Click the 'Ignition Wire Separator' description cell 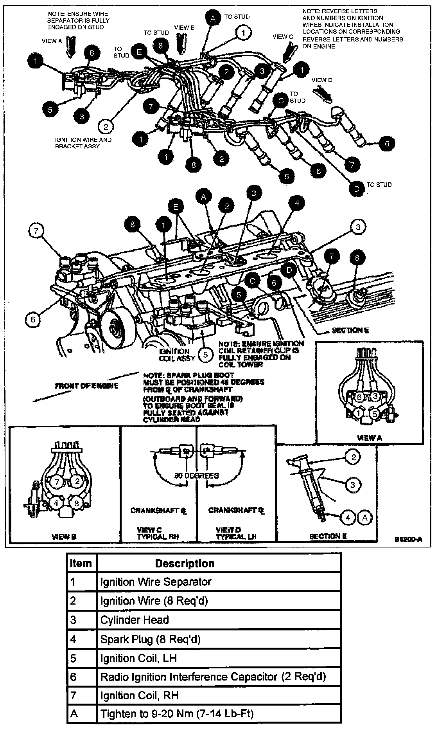coord(156,582)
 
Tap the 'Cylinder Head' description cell coord(135,620)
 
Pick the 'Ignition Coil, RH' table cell coord(139,695)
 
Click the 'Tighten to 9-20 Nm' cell coord(177,714)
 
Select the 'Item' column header coord(81,563)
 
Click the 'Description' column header coord(185,563)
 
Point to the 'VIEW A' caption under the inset coord(369,438)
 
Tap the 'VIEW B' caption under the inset coord(64,537)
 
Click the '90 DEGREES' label coord(196,475)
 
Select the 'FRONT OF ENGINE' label coord(86,386)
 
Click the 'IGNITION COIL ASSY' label coord(174,355)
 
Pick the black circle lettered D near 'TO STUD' coord(356,189)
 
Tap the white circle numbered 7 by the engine coord(36,230)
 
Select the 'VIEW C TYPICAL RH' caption coord(157,533)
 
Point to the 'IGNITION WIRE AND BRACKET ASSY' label coord(83,143)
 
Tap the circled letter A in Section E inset coord(365,517)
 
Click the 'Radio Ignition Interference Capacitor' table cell coord(213,677)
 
